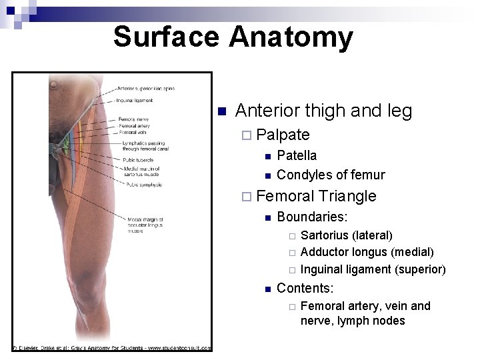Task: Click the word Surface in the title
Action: click(x=167, y=37)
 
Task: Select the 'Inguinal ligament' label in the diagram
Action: click(x=135, y=101)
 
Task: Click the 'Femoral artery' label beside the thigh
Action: click(x=136, y=125)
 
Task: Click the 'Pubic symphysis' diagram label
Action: click(x=143, y=185)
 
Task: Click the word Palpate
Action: click(x=283, y=135)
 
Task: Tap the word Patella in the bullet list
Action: click(x=297, y=155)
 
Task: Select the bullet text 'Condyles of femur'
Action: click(x=331, y=175)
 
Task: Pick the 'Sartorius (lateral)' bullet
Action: click(x=347, y=235)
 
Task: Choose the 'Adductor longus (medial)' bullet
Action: click(x=367, y=252)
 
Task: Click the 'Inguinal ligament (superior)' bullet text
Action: click(x=373, y=269)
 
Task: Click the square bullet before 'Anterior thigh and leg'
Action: click(x=223, y=111)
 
